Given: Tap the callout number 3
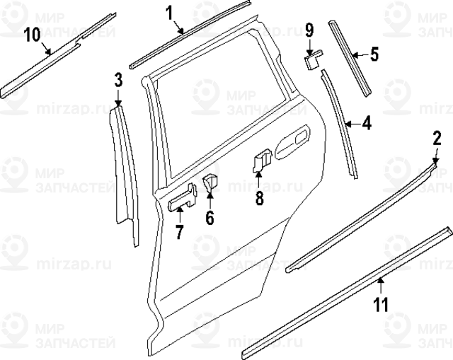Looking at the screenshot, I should [x=118, y=79].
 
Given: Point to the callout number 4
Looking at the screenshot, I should [x=365, y=123].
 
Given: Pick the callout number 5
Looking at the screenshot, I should [x=374, y=52].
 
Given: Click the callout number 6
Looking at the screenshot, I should [x=210, y=217].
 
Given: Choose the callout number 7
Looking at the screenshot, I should [x=179, y=231].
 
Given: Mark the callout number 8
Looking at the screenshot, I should [x=259, y=199].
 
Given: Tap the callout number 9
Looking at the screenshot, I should [x=309, y=30].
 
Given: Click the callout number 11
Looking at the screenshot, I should [x=381, y=305].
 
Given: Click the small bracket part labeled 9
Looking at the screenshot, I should [x=312, y=59].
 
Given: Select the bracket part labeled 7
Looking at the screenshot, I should [x=181, y=198].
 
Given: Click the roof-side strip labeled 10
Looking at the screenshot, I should [x=57, y=53].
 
